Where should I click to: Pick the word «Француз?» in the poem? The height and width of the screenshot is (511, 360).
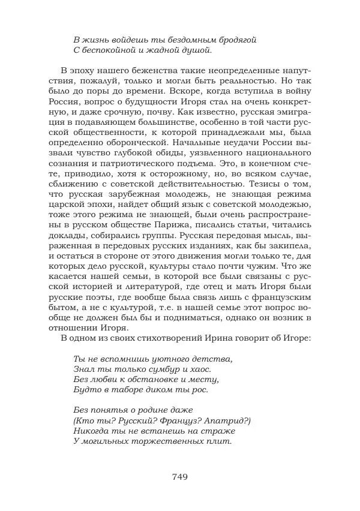click(x=172, y=420)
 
